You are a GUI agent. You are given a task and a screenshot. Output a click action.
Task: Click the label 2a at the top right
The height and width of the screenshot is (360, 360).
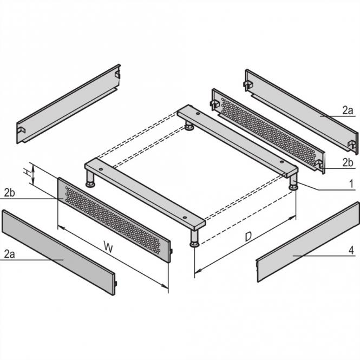pyautogui.click(x=348, y=110)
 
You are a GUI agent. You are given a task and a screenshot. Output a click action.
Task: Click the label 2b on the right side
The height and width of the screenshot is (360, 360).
pyautogui.click(x=348, y=162)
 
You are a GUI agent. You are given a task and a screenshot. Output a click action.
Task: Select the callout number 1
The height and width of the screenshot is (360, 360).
pyautogui.click(x=351, y=185)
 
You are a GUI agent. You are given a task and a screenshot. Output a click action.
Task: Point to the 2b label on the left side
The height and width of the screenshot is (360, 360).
pyautogui.click(x=9, y=193)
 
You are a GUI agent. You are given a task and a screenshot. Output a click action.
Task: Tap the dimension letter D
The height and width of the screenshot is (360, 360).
pyautogui.click(x=247, y=237)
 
